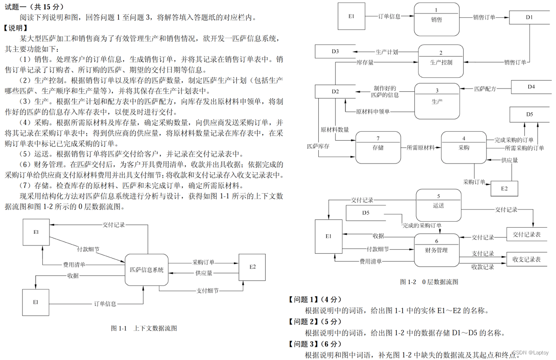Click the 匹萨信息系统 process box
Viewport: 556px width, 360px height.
tap(146, 270)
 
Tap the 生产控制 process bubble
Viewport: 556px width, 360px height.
tap(440, 61)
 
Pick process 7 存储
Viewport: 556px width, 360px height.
tap(378, 148)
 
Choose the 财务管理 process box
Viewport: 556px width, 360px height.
tap(436, 250)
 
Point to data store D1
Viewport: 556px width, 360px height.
tap(529, 17)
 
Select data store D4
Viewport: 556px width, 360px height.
tap(531, 87)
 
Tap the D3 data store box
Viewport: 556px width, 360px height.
tap(335, 51)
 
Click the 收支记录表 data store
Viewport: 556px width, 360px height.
tap(526, 259)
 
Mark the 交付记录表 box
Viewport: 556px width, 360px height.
tap(526, 234)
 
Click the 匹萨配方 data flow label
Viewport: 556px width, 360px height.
tap(485, 88)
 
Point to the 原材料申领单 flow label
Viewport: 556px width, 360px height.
tap(373, 112)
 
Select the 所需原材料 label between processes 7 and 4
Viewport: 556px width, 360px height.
tap(420, 148)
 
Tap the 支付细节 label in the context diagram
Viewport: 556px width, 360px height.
tap(207, 291)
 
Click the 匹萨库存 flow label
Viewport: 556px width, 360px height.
tap(318, 146)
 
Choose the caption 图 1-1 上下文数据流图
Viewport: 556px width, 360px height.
tap(144, 328)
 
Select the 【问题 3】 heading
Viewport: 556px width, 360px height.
tap(316, 344)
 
